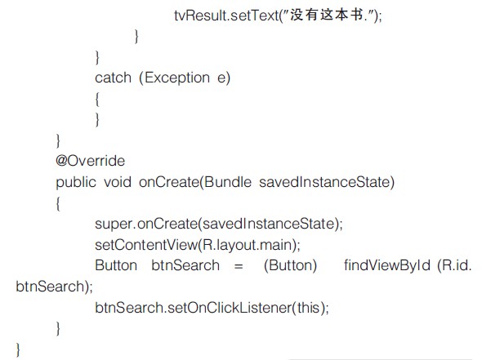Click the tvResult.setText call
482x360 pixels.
[227, 16]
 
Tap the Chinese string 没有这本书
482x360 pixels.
[327, 15]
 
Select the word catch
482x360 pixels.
[113, 78]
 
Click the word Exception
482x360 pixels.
[177, 78]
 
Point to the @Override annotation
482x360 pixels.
[91, 161]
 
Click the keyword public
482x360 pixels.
[76, 182]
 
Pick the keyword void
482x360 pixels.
[118, 182]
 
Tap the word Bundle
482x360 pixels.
[228, 182]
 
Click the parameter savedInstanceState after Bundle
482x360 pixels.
[324, 182]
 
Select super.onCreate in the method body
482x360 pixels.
[145, 224]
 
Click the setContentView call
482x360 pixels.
[146, 245]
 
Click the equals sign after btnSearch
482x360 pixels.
[239, 266]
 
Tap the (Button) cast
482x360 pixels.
[291, 265]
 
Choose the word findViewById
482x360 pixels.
[387, 265]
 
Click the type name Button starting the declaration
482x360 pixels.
[116, 265]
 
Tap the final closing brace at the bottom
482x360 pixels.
[18, 349]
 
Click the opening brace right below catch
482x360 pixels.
[97, 100]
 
